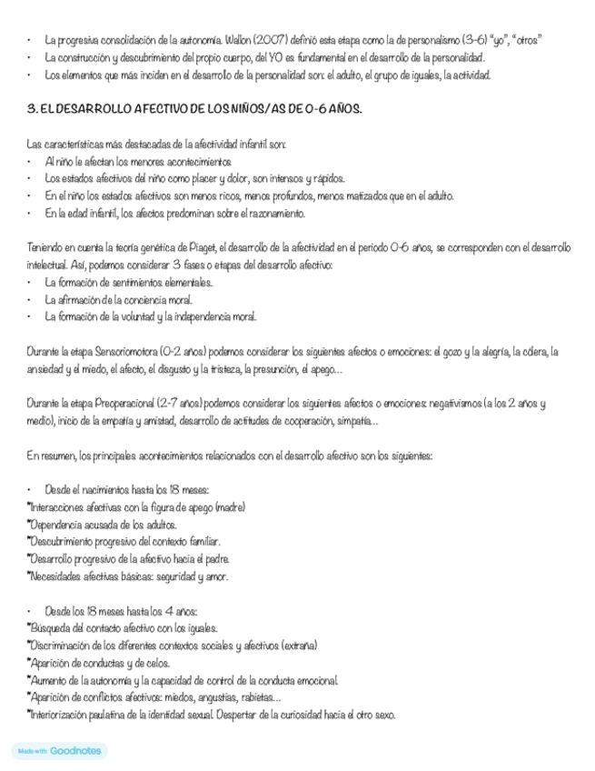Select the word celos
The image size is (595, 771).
coord(156,663)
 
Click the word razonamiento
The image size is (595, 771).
coord(271,214)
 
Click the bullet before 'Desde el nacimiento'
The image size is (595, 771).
coord(31,490)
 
